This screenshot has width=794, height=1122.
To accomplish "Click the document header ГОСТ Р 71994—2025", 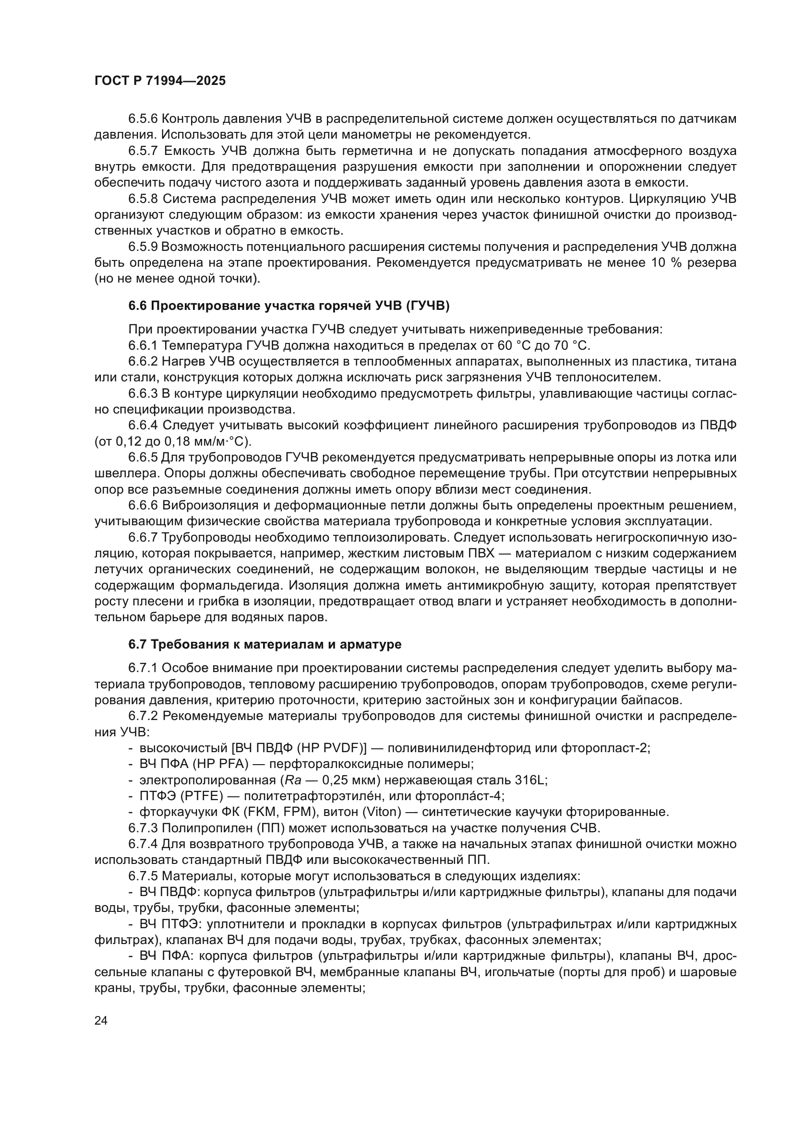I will (160, 81).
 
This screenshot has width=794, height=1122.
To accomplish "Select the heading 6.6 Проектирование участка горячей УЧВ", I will (289, 307).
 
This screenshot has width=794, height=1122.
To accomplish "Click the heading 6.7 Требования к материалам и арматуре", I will (265, 645).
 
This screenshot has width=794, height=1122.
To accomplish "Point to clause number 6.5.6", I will (143, 119).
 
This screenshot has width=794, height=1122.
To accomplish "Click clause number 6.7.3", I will (143, 828).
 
